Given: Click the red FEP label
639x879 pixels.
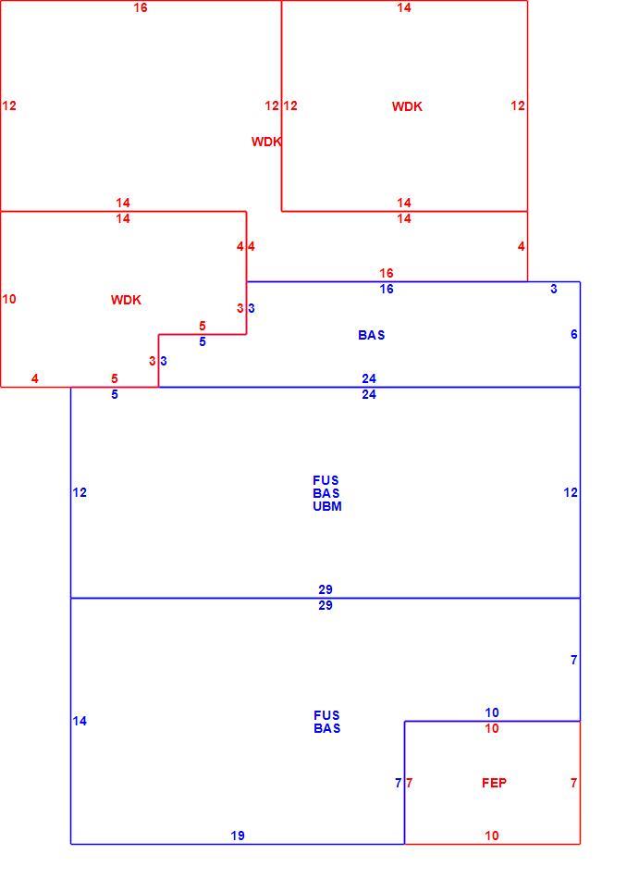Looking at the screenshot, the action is click(494, 783).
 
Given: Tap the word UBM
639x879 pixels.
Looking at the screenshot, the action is click(327, 505).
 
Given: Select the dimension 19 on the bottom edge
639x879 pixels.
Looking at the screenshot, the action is click(238, 836).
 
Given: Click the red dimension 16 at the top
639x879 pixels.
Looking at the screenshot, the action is click(141, 7).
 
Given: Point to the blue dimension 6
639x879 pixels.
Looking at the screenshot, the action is click(574, 334).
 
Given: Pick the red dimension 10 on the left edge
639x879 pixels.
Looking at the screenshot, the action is click(9, 299).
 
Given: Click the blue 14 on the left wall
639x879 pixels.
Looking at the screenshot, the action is click(80, 721).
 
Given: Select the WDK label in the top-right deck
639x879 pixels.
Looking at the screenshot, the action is click(407, 106).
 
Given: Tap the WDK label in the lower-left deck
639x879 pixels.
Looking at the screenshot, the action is click(126, 300).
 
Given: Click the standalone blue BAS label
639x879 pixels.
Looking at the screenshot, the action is click(372, 335).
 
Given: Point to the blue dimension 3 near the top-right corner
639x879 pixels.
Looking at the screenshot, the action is click(554, 289).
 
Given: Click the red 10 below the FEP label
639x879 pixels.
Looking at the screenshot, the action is click(492, 836).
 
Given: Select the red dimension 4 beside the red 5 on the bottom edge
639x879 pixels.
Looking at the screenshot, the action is click(35, 378).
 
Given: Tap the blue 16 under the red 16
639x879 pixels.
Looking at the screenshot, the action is click(387, 289).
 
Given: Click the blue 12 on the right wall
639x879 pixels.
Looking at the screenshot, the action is click(571, 492).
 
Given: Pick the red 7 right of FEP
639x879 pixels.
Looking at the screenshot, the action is click(574, 783).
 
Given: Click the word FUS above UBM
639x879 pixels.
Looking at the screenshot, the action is click(326, 480).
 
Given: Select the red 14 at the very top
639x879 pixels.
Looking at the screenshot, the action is click(404, 7).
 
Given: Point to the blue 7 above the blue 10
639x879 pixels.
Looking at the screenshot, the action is click(574, 660).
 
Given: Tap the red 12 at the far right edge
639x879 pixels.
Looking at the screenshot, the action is click(518, 105).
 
